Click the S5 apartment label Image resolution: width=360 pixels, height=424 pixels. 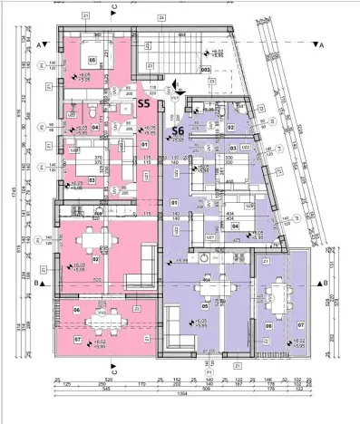[143, 104]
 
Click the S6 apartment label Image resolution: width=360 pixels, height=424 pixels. [179, 132]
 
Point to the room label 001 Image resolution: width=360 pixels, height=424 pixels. [206, 68]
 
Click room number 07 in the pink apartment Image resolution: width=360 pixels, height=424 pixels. [78, 340]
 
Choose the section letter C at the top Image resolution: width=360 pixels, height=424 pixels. [113, 8]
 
